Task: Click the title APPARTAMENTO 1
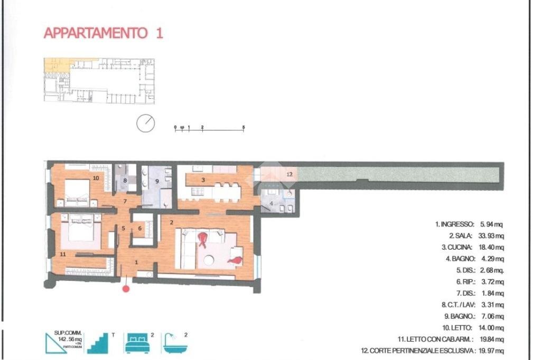(103, 33)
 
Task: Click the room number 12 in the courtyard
(289, 173)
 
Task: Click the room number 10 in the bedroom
(96, 178)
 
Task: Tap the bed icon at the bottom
(137, 343)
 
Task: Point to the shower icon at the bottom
(175, 343)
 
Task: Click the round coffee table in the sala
(209, 260)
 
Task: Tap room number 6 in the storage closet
(139, 229)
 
